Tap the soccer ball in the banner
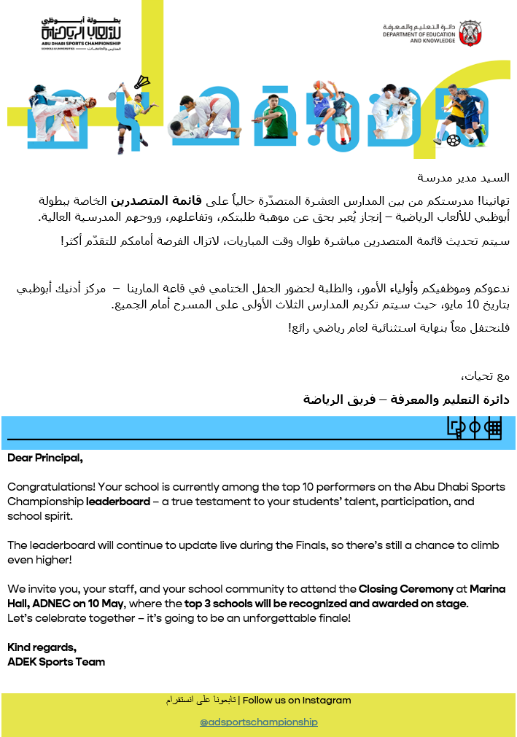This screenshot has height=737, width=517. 453,139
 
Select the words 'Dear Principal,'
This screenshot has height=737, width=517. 45,459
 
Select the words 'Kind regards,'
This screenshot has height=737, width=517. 42,647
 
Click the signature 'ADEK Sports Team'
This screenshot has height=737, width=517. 56,662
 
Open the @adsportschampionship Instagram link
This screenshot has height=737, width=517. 259,722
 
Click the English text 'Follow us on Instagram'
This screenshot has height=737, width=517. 297,701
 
